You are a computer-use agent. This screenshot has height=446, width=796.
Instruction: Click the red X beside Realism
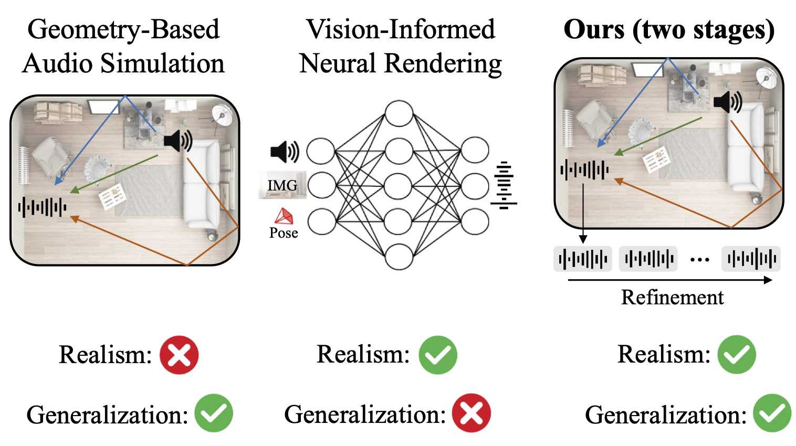click(x=179, y=355)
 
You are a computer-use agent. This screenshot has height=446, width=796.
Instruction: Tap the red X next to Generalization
click(x=471, y=413)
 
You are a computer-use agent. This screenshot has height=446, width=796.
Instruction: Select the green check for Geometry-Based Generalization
click(x=214, y=413)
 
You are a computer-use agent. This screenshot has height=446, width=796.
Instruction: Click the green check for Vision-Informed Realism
click(x=437, y=355)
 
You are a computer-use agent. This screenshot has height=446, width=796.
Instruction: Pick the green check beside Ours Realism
click(x=737, y=355)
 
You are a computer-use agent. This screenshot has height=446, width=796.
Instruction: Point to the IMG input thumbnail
click(x=282, y=185)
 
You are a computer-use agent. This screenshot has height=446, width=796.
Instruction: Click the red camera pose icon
click(x=284, y=216)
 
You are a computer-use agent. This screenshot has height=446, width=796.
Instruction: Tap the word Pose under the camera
click(x=284, y=233)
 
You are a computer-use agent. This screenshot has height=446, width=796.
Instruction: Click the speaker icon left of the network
click(x=285, y=151)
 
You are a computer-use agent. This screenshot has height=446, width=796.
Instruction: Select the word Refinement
click(x=672, y=298)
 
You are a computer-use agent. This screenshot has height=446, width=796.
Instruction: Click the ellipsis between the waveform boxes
click(x=699, y=259)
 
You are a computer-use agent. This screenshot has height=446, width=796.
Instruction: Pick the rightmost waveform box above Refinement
click(x=751, y=259)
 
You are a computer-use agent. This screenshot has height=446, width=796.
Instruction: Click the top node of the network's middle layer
click(x=399, y=114)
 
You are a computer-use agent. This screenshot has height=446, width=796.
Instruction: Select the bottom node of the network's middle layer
click(x=399, y=257)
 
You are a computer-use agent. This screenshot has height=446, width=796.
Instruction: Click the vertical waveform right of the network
click(x=504, y=185)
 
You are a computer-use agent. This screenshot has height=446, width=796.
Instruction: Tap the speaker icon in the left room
click(x=178, y=141)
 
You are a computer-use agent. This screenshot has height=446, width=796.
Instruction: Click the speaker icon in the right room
click(x=727, y=102)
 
